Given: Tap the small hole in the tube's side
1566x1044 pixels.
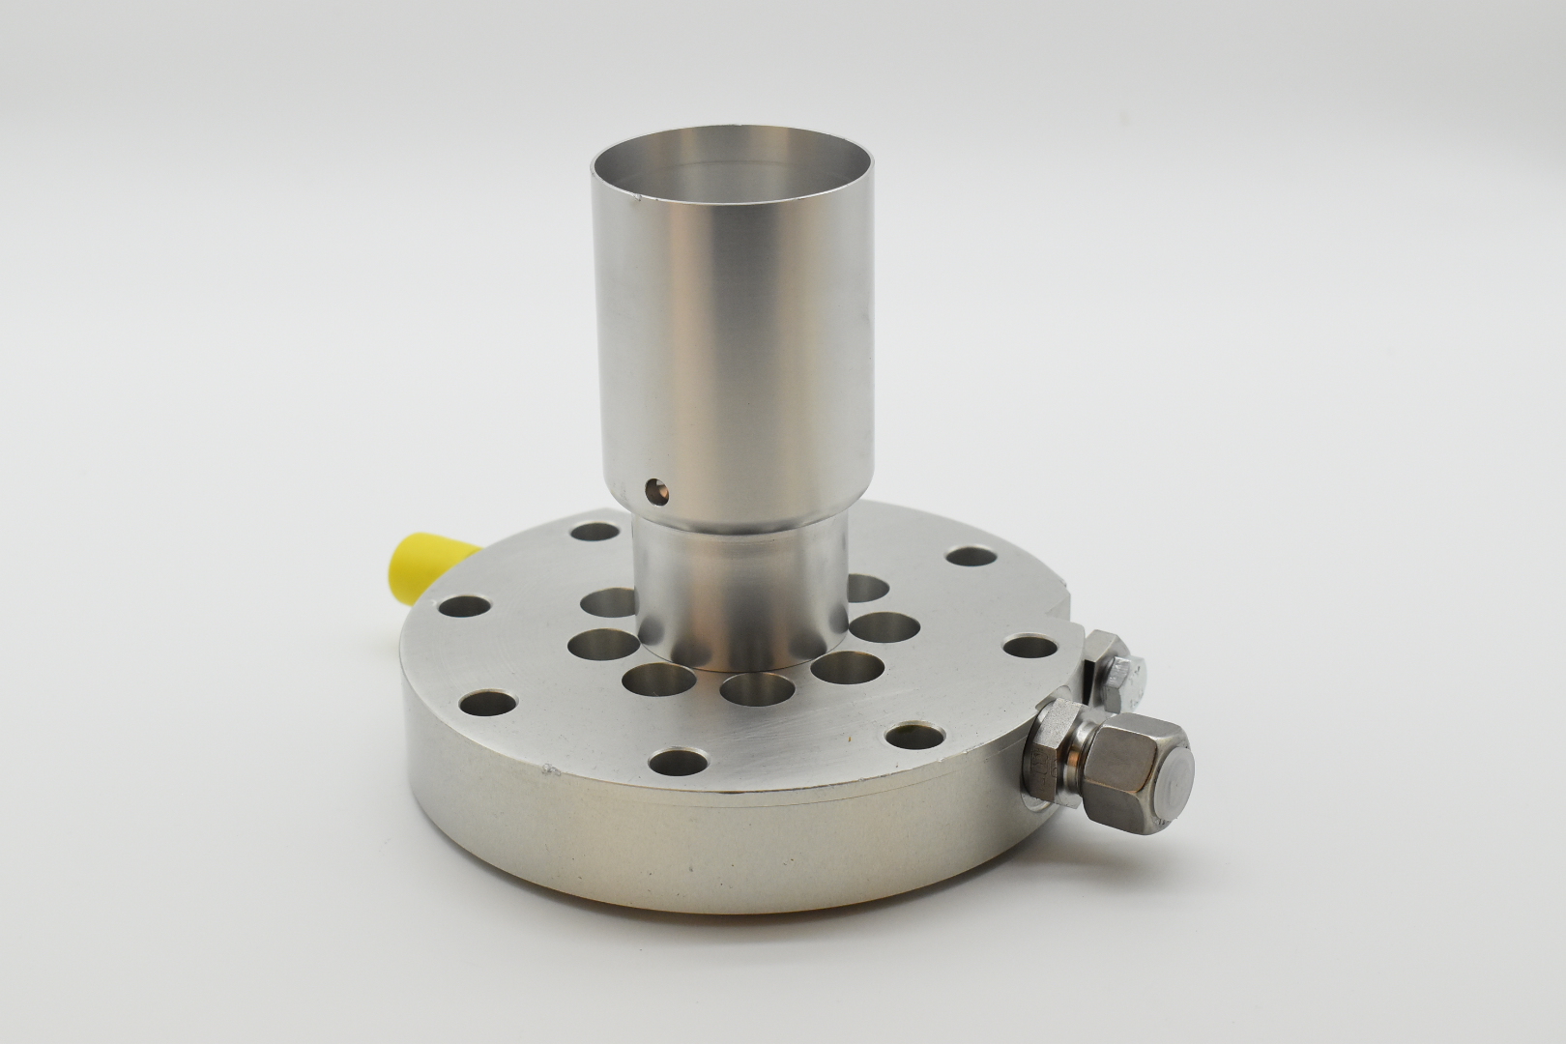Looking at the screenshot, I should click(x=656, y=492).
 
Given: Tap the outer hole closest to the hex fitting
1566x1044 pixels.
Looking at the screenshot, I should click(x=914, y=737).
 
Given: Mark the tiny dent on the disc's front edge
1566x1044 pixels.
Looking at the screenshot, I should click(x=551, y=770).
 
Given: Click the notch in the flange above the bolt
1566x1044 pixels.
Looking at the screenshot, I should click(x=1070, y=617).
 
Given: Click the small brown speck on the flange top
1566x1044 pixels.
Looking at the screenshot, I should click(x=851, y=739).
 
